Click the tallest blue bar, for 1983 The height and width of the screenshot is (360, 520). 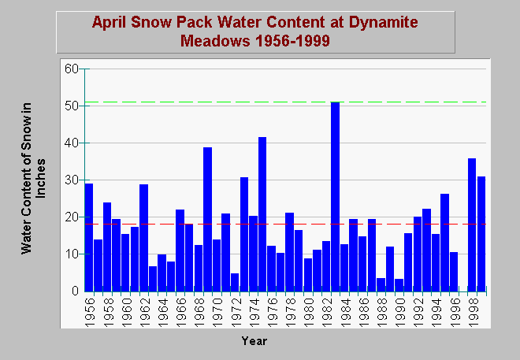pyautogui.click(x=336, y=197)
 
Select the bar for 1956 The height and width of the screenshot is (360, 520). pyautogui.click(x=89, y=238)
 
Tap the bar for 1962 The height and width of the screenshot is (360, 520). pyautogui.click(x=143, y=238)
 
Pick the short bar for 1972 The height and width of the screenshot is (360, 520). pyautogui.click(x=235, y=283)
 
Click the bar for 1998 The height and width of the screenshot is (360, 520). pyautogui.click(x=472, y=225)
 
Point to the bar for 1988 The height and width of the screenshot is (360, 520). pyautogui.click(x=381, y=285)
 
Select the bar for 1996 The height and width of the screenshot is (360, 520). pyautogui.click(x=454, y=272)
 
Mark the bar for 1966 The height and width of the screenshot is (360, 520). pyautogui.click(x=180, y=251)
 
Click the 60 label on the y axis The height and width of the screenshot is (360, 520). pyautogui.click(x=71, y=69)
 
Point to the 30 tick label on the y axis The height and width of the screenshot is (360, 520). pyautogui.click(x=71, y=180)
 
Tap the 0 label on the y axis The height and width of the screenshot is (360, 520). pyautogui.click(x=75, y=291)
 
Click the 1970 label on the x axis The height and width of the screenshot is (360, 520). pyautogui.click(x=217, y=312)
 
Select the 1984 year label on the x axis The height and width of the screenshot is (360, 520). pyautogui.click(x=345, y=312)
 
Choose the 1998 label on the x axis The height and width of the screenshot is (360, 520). pyautogui.click(x=473, y=312)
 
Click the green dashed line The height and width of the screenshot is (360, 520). pyautogui.click(x=285, y=102)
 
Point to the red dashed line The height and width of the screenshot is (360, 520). pyautogui.click(x=285, y=224)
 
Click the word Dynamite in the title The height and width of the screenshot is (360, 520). pyautogui.click(x=384, y=23)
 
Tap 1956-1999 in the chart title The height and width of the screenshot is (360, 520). pyautogui.click(x=293, y=41)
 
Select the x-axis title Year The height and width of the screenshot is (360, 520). pyautogui.click(x=254, y=341)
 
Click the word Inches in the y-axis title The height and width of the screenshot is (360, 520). pyautogui.click(x=40, y=178)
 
